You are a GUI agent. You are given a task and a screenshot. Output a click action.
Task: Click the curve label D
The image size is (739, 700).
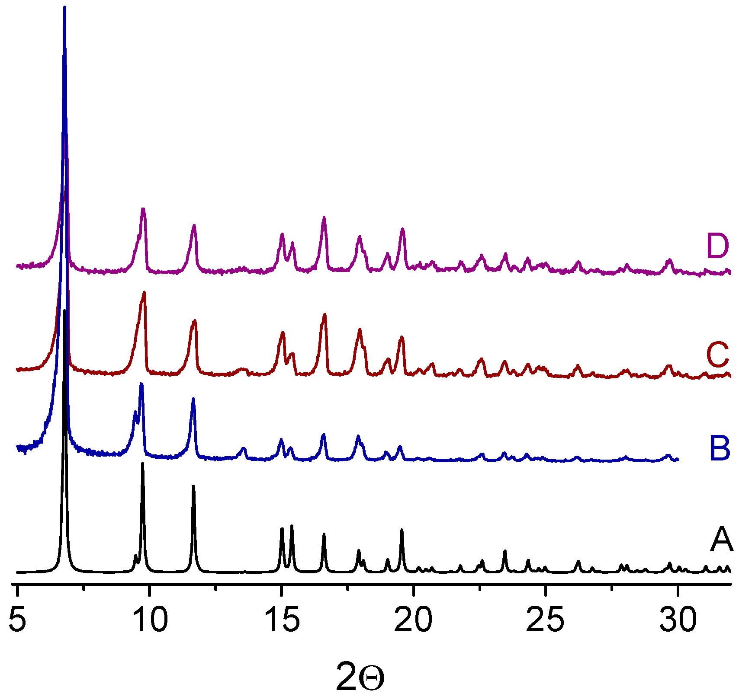coord(717,246)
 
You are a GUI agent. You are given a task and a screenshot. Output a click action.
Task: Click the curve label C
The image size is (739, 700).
coord(718,355)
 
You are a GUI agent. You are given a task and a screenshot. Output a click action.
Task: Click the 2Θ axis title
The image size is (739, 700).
coord(360,678)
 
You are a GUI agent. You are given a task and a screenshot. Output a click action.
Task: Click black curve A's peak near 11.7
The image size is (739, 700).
coord(193,486)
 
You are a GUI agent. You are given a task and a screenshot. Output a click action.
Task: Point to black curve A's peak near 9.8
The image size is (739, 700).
coord(142,464)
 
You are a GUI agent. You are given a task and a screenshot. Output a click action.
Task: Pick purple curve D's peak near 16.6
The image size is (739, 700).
coord(324,218)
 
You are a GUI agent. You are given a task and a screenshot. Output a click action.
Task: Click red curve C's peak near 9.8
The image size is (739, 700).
coord(144,293)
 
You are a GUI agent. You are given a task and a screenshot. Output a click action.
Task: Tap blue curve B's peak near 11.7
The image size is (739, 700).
coord(193,399)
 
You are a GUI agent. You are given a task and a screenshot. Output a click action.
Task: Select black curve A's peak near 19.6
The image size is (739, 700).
coord(402,530)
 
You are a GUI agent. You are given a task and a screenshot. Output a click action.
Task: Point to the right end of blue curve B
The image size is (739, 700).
coord(678,459)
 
